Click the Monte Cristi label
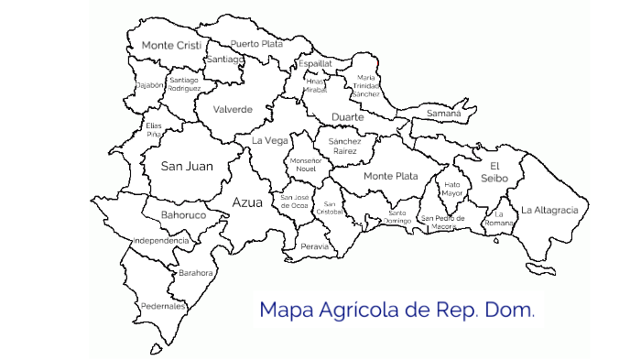pos(171,45)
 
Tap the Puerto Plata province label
pos(256,43)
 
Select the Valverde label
pos(233,109)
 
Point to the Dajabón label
pos(149,85)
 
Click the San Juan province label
pos(187,166)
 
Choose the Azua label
pos(247,202)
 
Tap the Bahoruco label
pos(183,215)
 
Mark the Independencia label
pos(161,241)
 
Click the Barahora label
pos(196,272)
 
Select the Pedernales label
pos(162,305)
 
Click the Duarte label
pos(347,117)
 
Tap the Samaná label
pos(444,113)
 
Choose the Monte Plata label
pos(390,175)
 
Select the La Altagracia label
pos(549,210)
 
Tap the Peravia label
pos(314,246)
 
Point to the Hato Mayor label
pos(451,189)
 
